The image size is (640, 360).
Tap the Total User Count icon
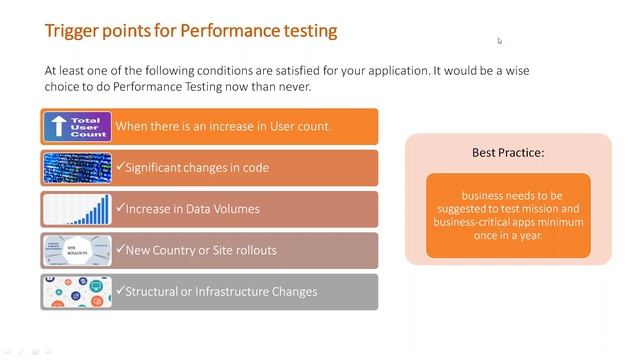tap(77, 126)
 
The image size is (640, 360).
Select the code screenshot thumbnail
tap(77, 167)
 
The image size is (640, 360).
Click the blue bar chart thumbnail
tap(77, 208)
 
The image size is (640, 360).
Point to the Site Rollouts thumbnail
tap(77, 250)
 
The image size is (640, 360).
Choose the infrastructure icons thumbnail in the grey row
tap(77, 291)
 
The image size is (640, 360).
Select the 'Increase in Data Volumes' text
tap(192, 209)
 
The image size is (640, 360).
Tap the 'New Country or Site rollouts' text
tap(200, 250)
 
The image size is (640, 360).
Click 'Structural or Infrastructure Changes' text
tap(221, 291)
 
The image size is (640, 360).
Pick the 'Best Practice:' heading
tap(508, 153)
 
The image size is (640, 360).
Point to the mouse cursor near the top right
tap(499, 41)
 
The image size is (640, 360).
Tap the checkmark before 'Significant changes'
tap(120, 167)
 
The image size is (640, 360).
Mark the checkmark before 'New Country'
tap(120, 250)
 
